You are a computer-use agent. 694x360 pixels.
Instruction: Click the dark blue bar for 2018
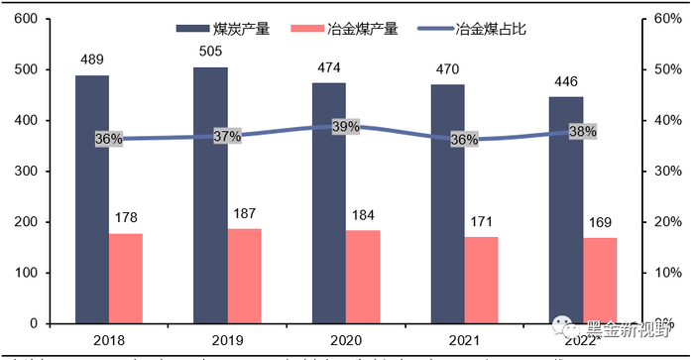(x=92, y=198)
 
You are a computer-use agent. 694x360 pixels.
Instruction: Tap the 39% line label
(x=346, y=126)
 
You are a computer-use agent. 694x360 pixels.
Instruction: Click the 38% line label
(x=583, y=131)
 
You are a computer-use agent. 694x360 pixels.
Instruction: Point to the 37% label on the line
(x=227, y=136)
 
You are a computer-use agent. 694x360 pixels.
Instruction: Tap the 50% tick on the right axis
(x=663, y=70)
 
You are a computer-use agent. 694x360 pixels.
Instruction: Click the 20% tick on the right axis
(x=663, y=222)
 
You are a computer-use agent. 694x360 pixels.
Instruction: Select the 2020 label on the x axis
(x=346, y=341)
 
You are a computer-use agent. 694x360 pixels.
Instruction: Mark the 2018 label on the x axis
(x=109, y=341)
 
